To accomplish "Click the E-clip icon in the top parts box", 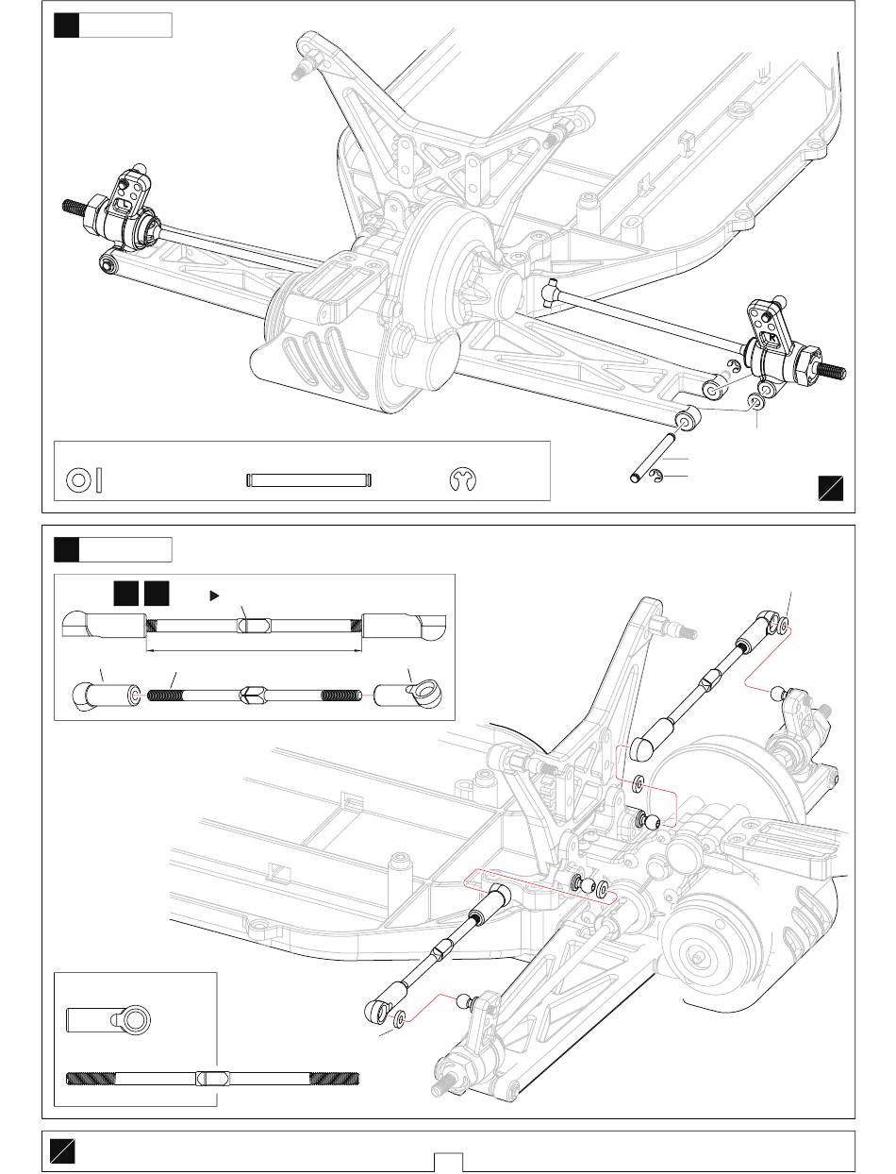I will click(463, 479).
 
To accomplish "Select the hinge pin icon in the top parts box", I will click(310, 479).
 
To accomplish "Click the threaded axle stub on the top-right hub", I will click(834, 370).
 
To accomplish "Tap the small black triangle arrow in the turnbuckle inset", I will click(214, 595).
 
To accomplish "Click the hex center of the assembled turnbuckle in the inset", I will click(252, 625).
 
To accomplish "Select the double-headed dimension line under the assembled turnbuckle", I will click(252, 649).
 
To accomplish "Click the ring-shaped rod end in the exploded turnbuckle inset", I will click(415, 696).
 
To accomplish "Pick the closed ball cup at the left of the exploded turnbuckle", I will click(96, 696).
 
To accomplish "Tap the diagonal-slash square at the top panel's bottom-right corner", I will click(831, 488).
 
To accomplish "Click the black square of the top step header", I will click(66, 25).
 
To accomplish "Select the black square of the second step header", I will click(66, 549).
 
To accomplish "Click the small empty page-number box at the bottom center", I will click(448, 1162).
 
